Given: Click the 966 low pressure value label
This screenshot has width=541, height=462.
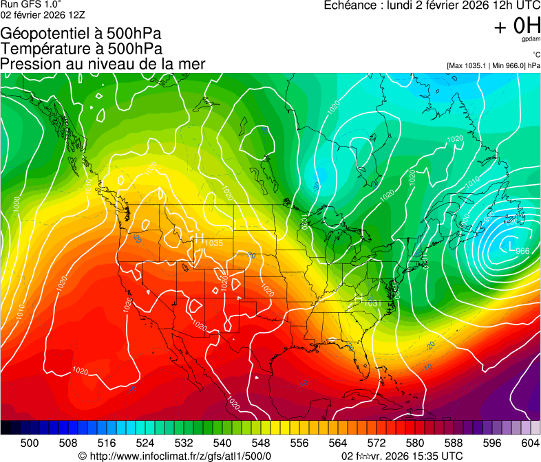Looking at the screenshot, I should point(522,251).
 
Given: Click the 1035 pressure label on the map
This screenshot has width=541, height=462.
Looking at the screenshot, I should point(213,243).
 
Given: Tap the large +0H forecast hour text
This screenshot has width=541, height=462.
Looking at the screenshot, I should point(517,26).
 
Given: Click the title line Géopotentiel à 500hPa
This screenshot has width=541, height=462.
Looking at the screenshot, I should point(81,34).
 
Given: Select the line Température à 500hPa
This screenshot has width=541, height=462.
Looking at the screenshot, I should point(81,49).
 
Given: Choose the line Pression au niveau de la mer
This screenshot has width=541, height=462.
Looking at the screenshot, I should point(103,64).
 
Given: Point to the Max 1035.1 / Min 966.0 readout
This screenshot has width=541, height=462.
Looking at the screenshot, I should point(493,65).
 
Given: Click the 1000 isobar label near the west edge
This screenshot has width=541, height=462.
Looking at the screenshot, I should point(16,204).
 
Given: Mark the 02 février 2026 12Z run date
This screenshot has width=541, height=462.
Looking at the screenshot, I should point(43,15).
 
